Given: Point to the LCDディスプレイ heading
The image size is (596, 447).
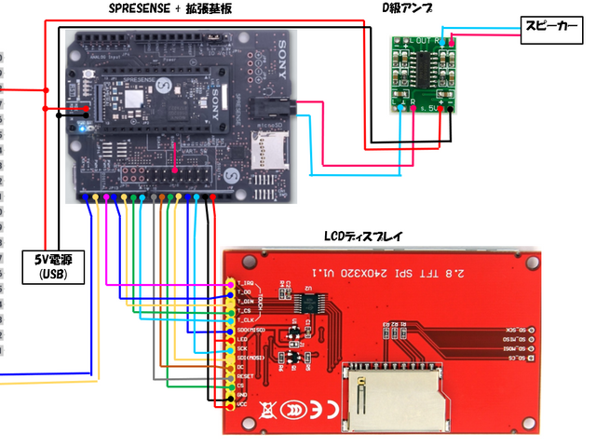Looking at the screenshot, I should (362, 237).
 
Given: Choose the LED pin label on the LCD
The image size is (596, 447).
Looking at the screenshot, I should (243, 340).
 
